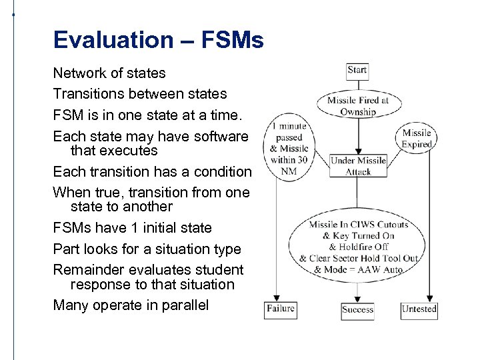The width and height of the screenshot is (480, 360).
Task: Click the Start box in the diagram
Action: click(357, 70)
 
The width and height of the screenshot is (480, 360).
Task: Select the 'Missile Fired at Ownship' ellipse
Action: click(358, 106)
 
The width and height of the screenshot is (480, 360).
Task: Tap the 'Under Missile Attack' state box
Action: click(358, 166)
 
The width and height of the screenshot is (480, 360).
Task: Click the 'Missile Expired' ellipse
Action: click(417, 138)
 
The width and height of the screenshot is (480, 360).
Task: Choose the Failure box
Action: click(280, 309)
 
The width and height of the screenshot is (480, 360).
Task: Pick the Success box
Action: click(358, 309)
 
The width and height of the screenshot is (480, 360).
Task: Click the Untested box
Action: click(419, 309)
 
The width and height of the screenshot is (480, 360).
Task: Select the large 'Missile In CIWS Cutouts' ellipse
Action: click(359, 247)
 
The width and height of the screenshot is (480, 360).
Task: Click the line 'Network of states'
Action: click(109, 73)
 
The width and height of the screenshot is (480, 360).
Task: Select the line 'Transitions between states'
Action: click(140, 94)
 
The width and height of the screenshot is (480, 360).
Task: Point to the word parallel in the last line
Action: click(185, 305)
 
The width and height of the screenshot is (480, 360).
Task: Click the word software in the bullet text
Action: click(214, 136)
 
